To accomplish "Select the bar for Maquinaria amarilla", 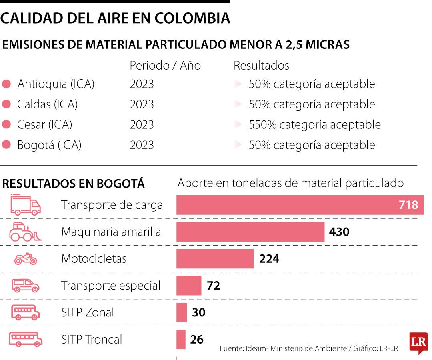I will [250, 232].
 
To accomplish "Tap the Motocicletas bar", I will [215, 258].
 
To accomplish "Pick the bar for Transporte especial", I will [189, 286].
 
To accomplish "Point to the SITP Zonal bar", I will [182, 312].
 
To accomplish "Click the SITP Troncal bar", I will [181, 339].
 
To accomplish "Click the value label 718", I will [408, 205].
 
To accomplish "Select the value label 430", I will [339, 232].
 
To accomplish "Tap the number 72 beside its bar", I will [213, 286].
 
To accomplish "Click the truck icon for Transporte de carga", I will [25, 205].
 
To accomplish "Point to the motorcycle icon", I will [26, 259].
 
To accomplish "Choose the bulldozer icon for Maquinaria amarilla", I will [26, 232].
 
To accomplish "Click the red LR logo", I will [418, 342].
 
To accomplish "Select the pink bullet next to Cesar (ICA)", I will [6, 125].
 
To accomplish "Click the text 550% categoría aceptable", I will [314, 125].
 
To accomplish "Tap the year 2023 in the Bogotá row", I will [142, 145].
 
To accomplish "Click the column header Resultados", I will [261, 65].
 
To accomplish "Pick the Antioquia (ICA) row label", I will [56, 84].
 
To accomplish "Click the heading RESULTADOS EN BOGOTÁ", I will [73, 184].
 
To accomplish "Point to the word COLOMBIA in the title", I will [192, 18].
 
